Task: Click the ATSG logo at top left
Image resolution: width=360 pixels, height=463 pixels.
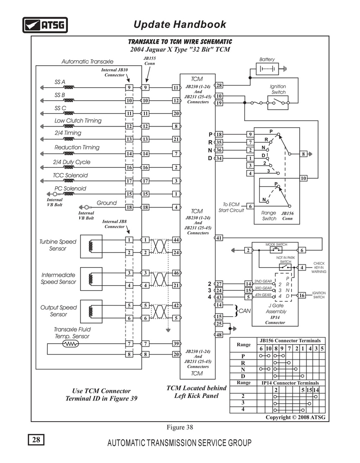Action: coord(45,25)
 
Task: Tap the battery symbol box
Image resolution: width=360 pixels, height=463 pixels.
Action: coord(267,69)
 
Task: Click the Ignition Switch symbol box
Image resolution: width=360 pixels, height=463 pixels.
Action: coord(278,103)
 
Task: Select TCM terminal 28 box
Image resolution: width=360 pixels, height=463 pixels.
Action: coord(219,85)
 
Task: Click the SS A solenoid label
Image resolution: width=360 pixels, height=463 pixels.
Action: coord(60,82)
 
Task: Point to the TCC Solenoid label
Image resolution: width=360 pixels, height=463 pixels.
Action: coord(70,175)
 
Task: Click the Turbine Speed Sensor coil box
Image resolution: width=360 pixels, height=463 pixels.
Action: coord(91,247)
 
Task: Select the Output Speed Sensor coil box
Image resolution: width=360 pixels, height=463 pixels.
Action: coord(91,311)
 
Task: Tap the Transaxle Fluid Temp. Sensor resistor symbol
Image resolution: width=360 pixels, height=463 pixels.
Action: coord(71,344)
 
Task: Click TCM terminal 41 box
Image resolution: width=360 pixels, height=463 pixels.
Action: coord(219,238)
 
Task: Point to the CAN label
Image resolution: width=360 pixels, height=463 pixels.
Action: coord(244,311)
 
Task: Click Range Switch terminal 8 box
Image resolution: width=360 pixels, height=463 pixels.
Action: coord(303,154)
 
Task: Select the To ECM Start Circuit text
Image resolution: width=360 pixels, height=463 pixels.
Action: coord(231,207)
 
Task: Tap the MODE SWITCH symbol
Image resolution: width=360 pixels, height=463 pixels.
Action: coord(276,250)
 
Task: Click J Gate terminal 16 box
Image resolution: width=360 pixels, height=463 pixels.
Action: coord(301,295)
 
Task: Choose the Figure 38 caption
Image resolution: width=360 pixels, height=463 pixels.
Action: coord(180,427)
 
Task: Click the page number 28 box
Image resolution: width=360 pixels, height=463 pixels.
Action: coord(36,440)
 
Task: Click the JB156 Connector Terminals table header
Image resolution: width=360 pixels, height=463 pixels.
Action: coord(290,341)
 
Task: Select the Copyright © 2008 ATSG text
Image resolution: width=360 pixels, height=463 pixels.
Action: coord(295,417)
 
